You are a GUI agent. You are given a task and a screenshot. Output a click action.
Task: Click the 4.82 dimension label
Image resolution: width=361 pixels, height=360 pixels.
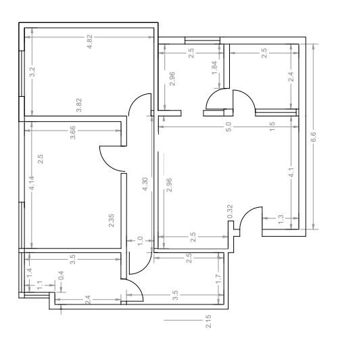89,41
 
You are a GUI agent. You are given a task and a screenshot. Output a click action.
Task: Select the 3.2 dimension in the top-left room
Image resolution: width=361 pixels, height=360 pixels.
32,72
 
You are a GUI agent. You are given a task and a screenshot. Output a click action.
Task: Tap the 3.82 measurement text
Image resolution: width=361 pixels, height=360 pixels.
78,105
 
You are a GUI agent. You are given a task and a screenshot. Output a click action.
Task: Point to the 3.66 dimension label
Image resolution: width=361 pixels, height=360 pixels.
73,133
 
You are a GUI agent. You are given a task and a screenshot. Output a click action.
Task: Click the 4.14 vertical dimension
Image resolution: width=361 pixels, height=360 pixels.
32,183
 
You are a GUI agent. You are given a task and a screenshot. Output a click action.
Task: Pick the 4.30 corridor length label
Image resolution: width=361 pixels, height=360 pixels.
145,184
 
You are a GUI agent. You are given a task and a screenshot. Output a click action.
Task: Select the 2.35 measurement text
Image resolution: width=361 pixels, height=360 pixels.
111,221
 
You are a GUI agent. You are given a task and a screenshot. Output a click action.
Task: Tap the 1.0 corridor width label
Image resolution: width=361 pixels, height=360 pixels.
140,241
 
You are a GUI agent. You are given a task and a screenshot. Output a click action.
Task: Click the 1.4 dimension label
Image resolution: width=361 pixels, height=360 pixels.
30,273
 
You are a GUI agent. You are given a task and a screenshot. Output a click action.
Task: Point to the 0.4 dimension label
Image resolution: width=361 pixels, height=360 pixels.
61,275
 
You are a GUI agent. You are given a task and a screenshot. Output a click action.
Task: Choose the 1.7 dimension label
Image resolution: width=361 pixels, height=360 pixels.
219,278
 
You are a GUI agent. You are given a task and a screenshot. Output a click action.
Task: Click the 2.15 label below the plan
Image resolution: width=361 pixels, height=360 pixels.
208,321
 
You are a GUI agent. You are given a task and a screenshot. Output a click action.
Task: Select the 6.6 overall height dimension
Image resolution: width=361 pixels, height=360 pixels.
314,137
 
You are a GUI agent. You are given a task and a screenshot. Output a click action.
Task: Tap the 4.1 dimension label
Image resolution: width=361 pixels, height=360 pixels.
291,173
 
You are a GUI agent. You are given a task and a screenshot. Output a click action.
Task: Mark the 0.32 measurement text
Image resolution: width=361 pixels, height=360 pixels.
230,212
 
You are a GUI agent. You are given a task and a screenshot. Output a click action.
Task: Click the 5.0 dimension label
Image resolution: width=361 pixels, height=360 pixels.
228,127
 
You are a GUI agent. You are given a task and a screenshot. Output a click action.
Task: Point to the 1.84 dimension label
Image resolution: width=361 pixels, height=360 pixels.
214,68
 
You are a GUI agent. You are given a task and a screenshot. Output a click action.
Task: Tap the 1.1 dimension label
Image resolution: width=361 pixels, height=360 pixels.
40,286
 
